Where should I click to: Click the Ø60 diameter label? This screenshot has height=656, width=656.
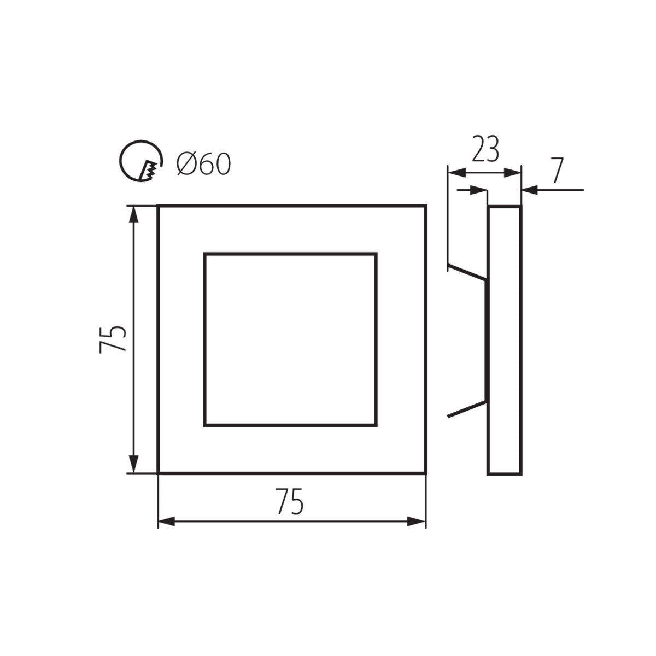coord(203,163)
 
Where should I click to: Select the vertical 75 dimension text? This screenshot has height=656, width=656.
coord(113,339)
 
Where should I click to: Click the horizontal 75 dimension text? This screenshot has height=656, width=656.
coord(289,502)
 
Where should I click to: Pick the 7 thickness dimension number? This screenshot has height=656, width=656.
coord(557,171)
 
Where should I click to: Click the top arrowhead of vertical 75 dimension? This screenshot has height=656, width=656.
coord(133,213)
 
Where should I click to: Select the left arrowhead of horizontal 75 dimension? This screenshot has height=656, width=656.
coord(165,522)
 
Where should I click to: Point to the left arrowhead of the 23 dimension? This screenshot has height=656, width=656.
coord(455,173)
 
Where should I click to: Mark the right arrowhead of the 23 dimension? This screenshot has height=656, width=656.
coord(513,173)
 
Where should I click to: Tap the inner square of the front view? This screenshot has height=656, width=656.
coord(290,339)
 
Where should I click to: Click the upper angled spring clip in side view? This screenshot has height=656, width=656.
coord(466,271)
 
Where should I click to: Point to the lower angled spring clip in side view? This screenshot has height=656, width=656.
coord(466,410)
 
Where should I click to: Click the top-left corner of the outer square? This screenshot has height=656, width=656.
coord(158,206)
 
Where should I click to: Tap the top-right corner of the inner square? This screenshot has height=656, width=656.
coord(376,254)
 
